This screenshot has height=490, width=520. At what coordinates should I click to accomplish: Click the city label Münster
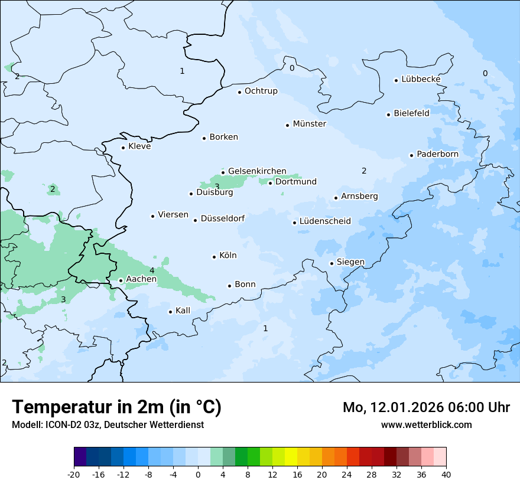coord(309,124)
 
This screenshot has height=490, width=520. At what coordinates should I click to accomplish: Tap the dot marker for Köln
coord(214,257)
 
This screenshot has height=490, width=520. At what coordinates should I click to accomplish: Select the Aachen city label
coord(141,279)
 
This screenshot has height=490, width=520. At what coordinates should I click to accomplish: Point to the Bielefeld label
coord(411,113)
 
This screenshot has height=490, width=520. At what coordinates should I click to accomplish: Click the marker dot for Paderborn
coord(411,155)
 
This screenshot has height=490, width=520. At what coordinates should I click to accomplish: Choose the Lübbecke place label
coord(421,79)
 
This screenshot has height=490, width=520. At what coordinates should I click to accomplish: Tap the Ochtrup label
coord(261,91)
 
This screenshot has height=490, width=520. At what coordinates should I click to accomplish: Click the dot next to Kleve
coord(123,148)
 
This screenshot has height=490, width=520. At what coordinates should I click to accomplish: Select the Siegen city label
coord(350,262)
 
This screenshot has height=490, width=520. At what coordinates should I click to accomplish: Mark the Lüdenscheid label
coord(325,221)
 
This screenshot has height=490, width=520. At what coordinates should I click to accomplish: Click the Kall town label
coord(183,311)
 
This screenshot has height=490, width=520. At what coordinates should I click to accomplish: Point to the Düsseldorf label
coord(222,218)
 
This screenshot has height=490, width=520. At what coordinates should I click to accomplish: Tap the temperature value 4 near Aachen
coord(152,270)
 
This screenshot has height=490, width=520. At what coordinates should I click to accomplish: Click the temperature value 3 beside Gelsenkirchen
coord(217,187)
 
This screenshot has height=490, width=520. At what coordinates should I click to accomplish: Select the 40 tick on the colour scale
coord(446,475)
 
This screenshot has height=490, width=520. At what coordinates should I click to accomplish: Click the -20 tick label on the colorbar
coord(74,475)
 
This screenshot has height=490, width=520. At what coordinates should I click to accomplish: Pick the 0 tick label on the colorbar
coord(198,475)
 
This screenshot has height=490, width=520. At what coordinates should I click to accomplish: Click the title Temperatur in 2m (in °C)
coord(116,407)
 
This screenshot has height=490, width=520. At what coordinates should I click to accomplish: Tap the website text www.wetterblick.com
coord(426,424)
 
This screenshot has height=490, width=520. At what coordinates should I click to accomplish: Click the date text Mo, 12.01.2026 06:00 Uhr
coord(426,407)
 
